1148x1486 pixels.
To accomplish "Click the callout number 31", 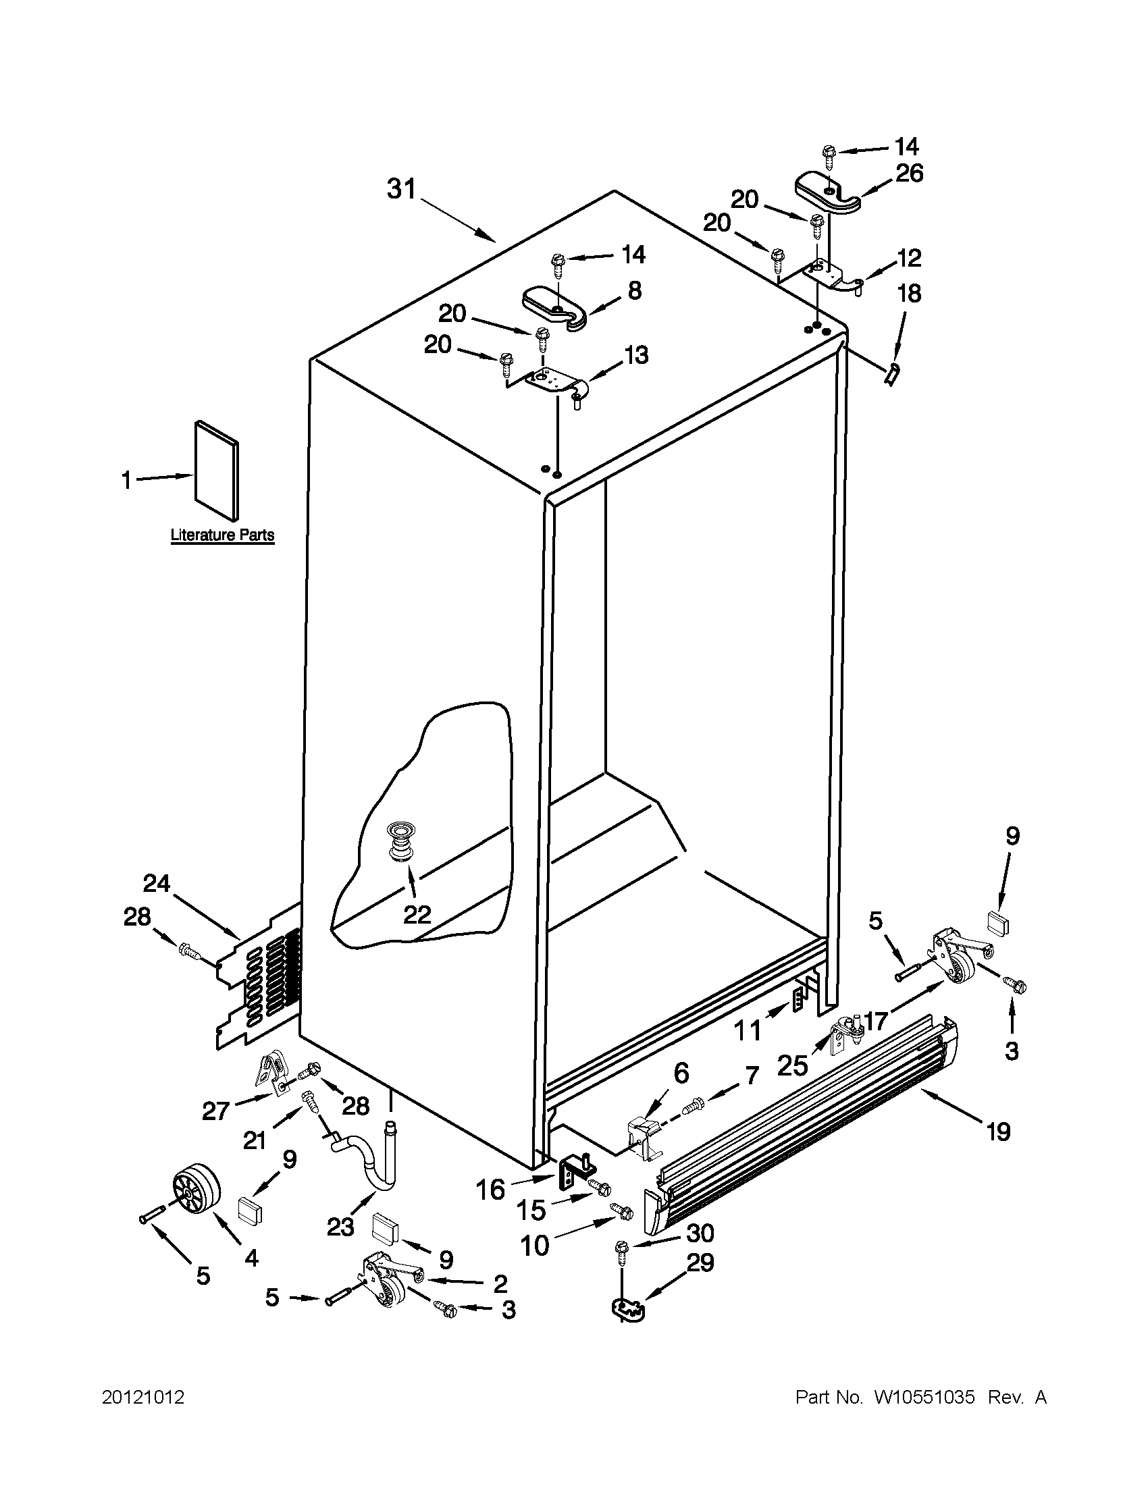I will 401,189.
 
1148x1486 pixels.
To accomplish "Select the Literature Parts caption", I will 222,535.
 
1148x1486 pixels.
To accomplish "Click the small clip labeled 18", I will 891,373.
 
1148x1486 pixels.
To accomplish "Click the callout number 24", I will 157,884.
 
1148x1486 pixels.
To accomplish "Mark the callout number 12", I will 910,258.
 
